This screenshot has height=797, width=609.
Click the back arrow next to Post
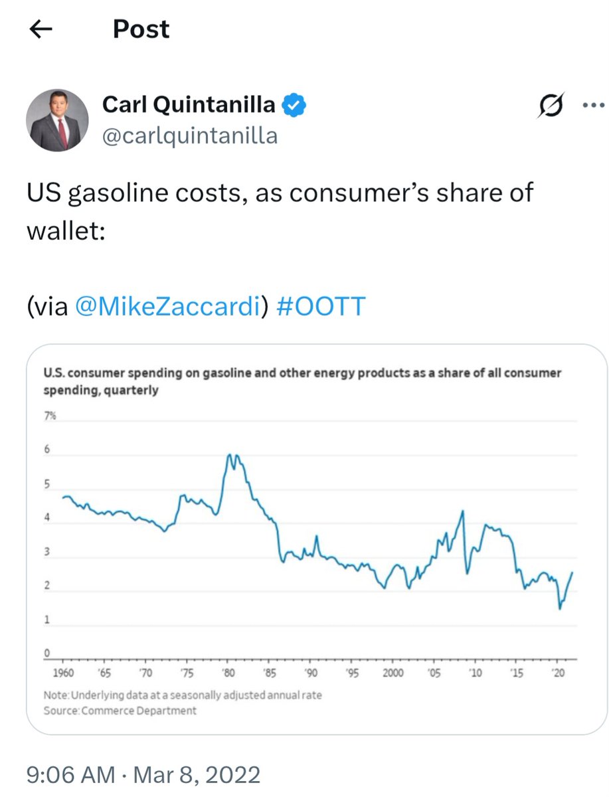click(x=41, y=30)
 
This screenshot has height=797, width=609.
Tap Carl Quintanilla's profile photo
click(x=57, y=120)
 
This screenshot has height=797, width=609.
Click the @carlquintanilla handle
click(x=189, y=135)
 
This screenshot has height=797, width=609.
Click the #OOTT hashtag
click(x=319, y=306)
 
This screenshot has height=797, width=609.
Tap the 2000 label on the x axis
click(x=393, y=673)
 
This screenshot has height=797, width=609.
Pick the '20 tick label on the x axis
click(x=559, y=673)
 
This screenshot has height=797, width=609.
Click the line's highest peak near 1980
click(x=229, y=455)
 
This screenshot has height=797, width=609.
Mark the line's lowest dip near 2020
click(x=560, y=608)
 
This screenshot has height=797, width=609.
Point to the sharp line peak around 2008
click(x=462, y=511)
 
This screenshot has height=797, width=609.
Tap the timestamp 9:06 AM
click(x=71, y=775)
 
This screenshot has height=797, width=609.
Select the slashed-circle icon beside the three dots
click(x=551, y=105)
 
